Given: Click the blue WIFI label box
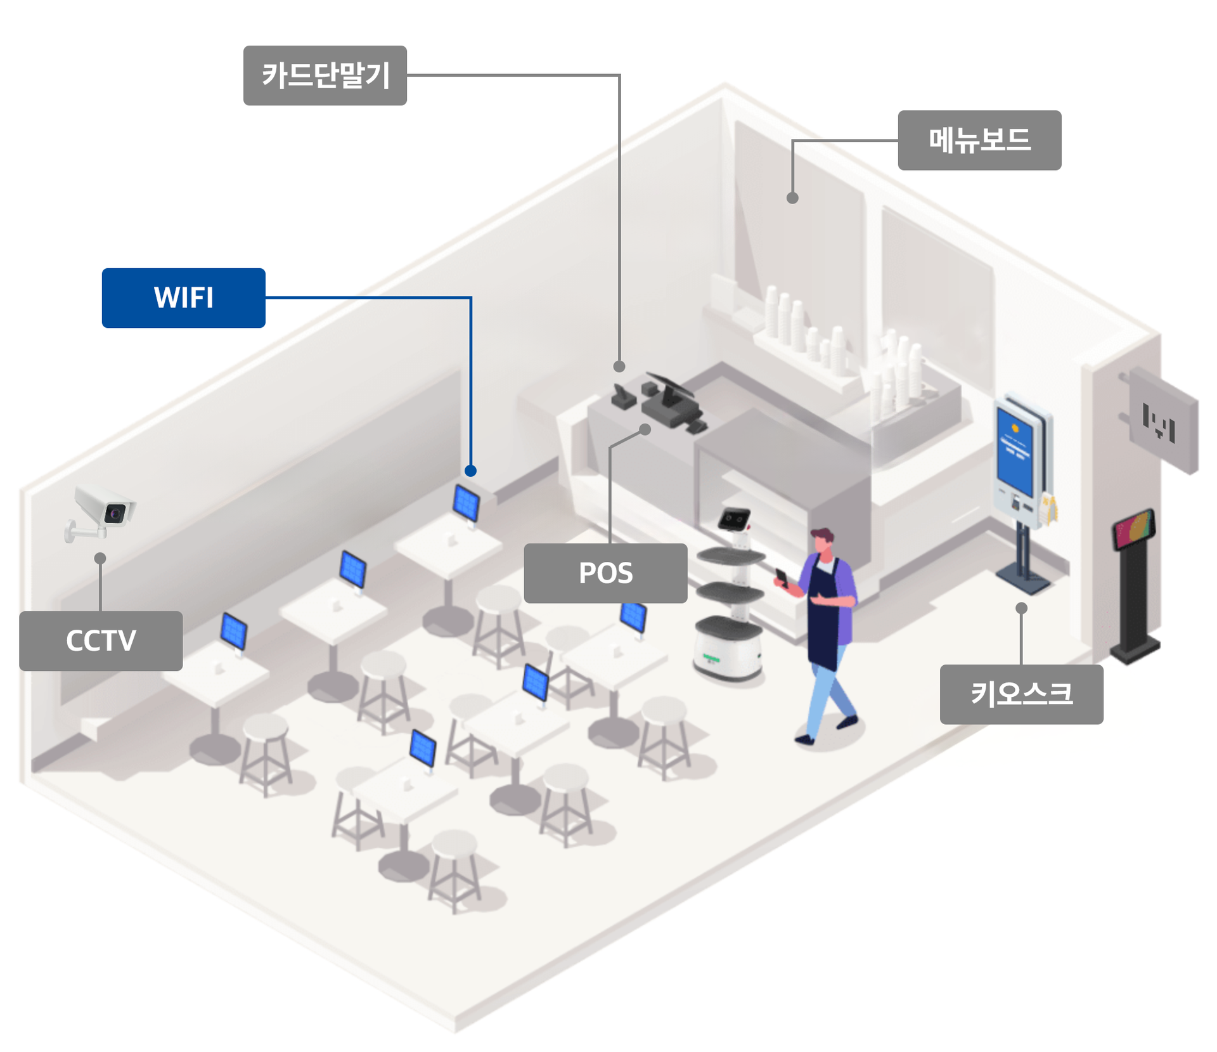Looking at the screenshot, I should click(183, 297).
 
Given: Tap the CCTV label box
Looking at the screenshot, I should click(101, 640).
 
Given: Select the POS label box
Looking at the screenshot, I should click(605, 573).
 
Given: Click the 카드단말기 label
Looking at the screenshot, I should click(325, 75).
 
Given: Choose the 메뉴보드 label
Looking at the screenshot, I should click(979, 140).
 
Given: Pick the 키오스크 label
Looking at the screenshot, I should click(1021, 694).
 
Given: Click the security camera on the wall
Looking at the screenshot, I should click(103, 510).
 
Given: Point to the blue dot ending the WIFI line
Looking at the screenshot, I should click(470, 471).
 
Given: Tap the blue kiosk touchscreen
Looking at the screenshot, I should click(1015, 451).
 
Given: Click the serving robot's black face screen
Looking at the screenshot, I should click(735, 519).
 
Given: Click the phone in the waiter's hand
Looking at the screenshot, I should click(782, 576).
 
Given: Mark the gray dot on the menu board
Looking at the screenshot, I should click(792, 198).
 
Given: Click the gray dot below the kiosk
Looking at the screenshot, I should click(1021, 608).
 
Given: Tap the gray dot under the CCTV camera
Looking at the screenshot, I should click(100, 559).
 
